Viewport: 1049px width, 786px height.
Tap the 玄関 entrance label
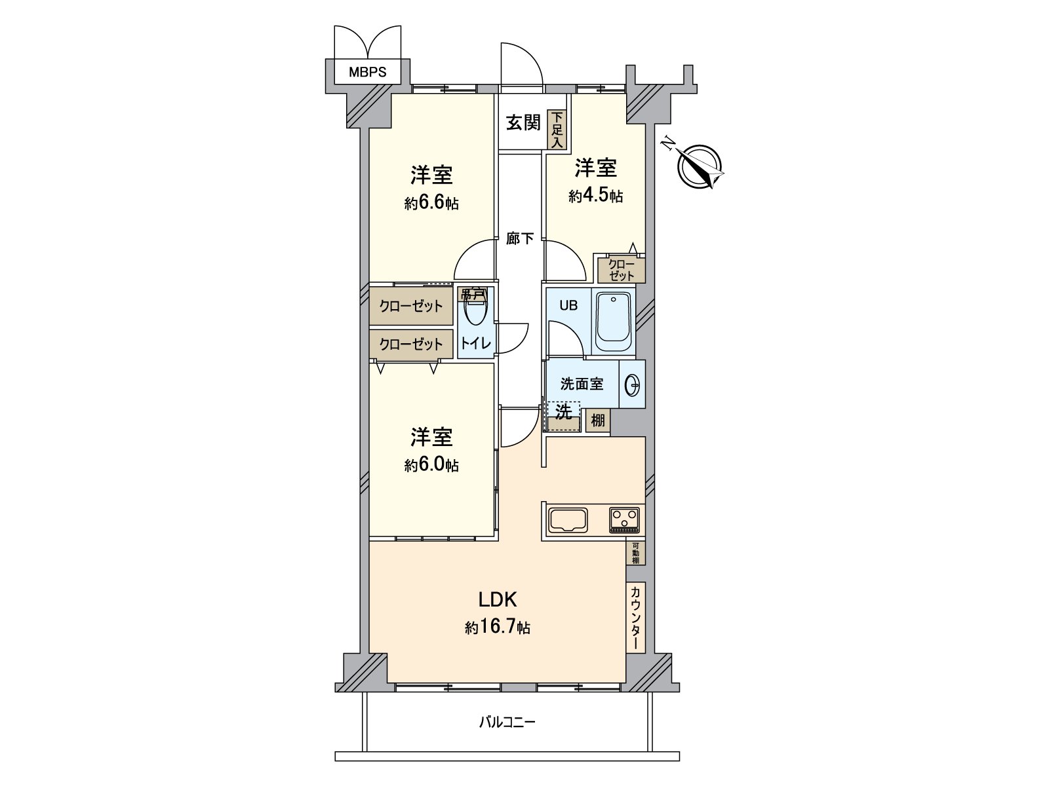tap(523, 122)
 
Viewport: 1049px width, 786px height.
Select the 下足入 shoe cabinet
tap(557, 129)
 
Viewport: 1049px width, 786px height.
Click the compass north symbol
tap(700, 166)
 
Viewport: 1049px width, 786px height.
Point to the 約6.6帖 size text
tap(431, 204)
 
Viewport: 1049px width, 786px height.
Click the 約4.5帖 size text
tap(595, 196)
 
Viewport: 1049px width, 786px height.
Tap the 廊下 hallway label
tap(520, 239)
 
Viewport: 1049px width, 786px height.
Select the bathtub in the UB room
tap(612, 322)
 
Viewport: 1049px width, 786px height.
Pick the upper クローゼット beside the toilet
tap(411, 306)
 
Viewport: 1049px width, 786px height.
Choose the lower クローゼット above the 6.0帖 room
tap(411, 344)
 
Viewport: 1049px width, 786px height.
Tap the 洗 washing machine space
tap(564, 415)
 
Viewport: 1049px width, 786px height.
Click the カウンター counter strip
tap(635, 617)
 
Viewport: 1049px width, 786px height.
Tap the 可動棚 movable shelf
tap(635, 553)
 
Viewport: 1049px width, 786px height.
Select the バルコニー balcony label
tap(507, 723)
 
